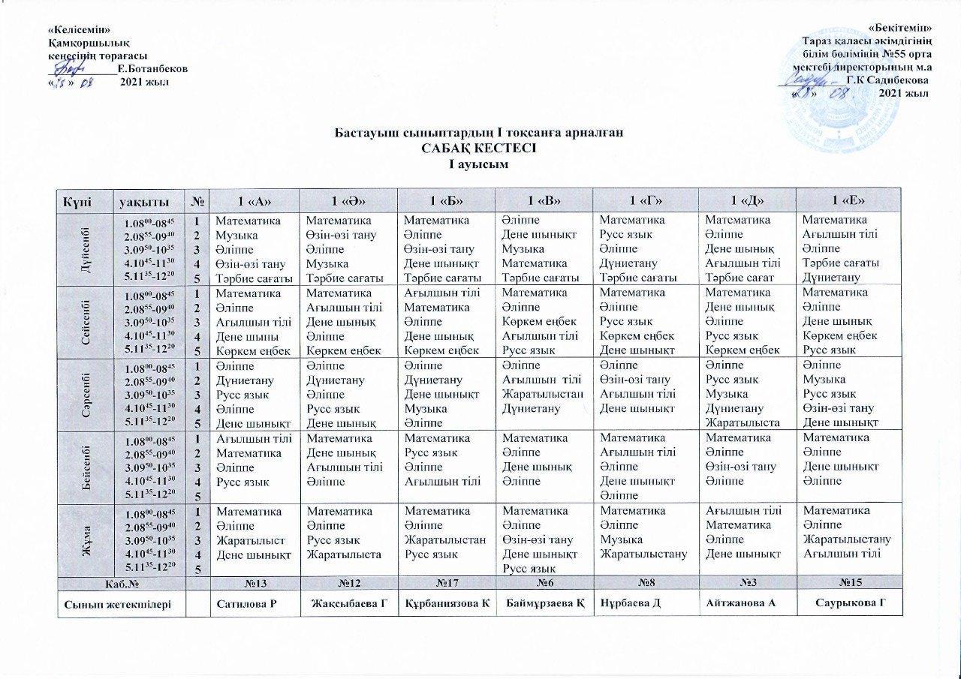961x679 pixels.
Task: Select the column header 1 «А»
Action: [253, 200]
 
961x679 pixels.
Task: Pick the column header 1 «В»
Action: [543, 200]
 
